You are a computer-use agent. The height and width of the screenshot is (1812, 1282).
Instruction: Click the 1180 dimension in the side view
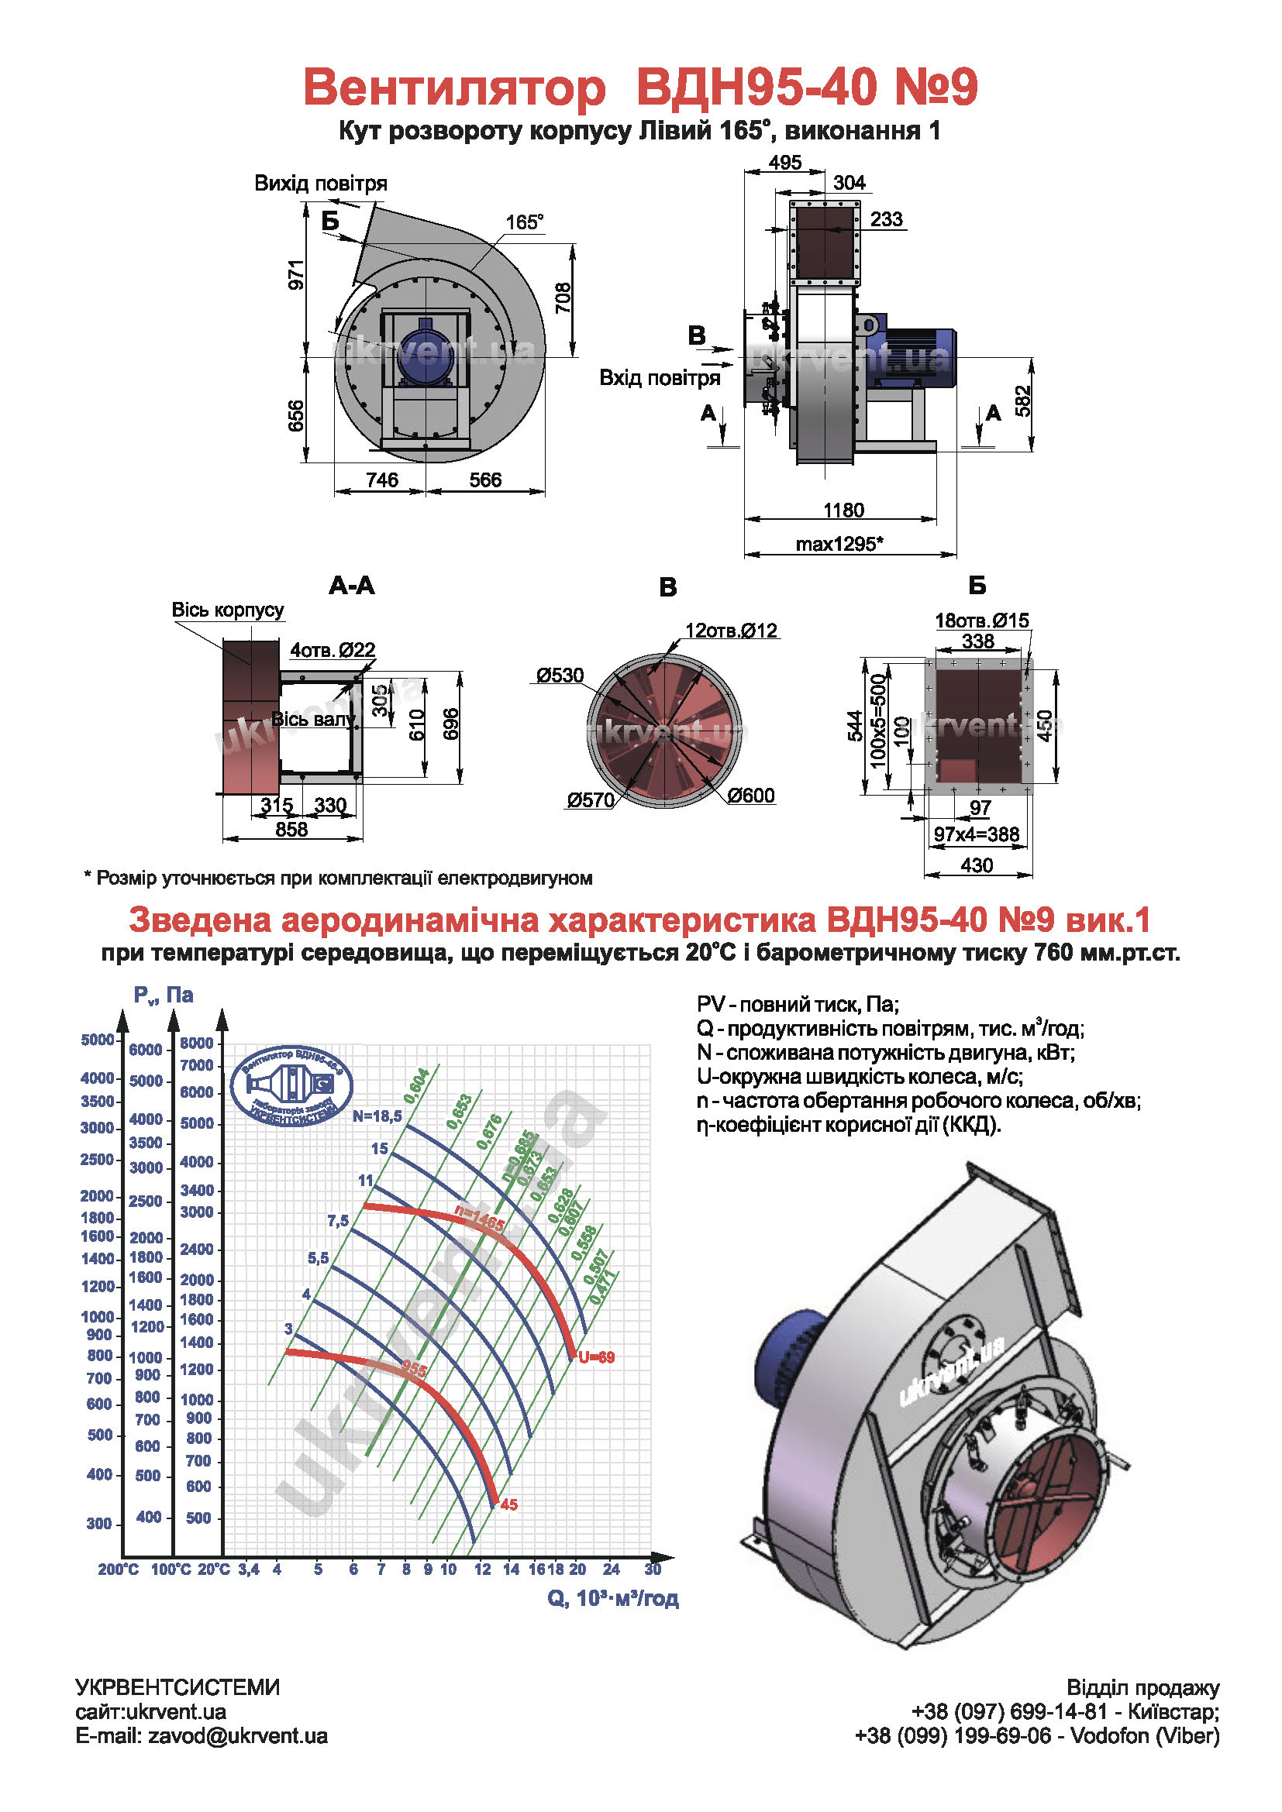[x=843, y=510]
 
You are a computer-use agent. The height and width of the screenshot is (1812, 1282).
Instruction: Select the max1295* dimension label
[x=839, y=544]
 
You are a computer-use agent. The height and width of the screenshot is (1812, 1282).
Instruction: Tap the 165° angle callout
[x=524, y=222]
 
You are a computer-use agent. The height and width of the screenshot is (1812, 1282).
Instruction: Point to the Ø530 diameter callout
[x=560, y=676]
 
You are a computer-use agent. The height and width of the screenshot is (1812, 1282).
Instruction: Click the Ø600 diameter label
[x=751, y=796]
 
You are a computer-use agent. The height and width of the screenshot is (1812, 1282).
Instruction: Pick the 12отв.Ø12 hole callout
[x=731, y=631]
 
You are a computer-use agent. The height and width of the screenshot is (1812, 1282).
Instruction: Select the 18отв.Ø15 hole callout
[x=981, y=621]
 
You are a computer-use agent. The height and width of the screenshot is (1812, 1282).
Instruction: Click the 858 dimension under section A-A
[x=291, y=830]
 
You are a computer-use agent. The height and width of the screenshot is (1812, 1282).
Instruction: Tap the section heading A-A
[x=351, y=586]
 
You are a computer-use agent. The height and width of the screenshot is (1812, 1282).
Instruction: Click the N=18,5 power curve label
[x=377, y=1116]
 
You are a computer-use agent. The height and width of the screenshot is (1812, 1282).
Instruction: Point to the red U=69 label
[x=596, y=1357]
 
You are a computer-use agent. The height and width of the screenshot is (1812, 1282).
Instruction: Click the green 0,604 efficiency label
[x=416, y=1085]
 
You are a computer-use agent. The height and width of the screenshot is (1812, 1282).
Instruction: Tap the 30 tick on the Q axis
[x=652, y=1569]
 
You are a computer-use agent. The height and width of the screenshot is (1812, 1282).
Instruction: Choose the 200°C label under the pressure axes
[x=118, y=1570]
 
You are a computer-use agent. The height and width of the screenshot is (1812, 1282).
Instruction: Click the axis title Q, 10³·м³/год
[x=612, y=1598]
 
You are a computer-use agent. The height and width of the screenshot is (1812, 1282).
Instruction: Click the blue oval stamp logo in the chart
[x=291, y=1086]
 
